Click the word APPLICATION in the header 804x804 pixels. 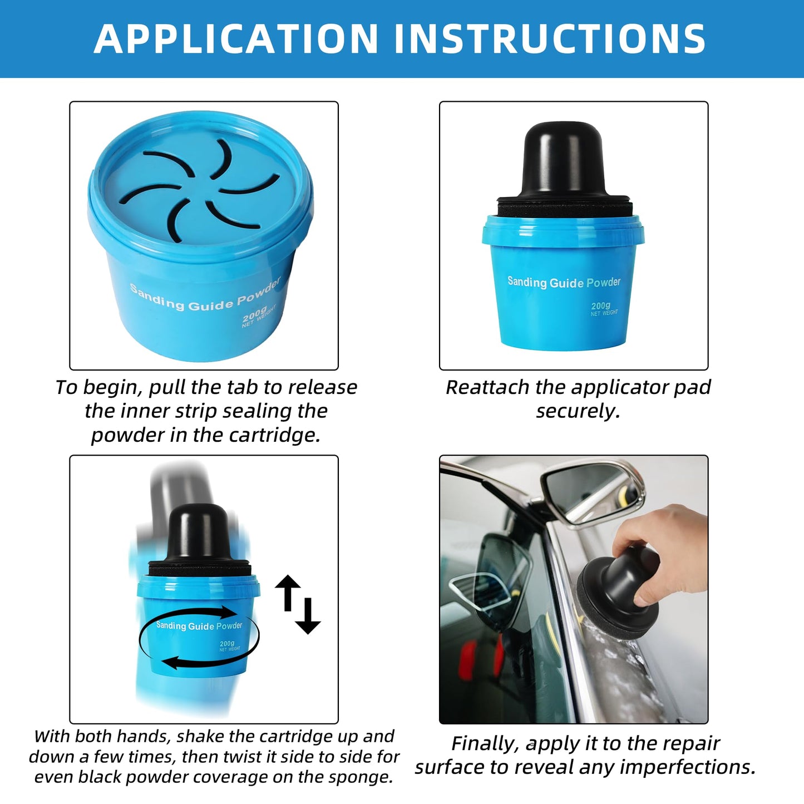pyautogui.click(x=236, y=39)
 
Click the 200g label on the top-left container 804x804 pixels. pyautogui.click(x=254, y=314)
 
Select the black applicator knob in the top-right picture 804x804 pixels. pyautogui.click(x=563, y=161)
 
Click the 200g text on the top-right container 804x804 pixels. pyautogui.click(x=600, y=305)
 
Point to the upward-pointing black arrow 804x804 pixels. pyautogui.click(x=288, y=591)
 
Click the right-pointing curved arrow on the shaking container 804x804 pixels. pyautogui.click(x=223, y=613)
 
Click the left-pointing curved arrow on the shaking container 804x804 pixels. pyautogui.click(x=178, y=662)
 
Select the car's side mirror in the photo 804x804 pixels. pyautogui.click(x=590, y=490)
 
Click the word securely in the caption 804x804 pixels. pyautogui.click(x=577, y=411)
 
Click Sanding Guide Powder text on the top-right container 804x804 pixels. pyautogui.click(x=563, y=282)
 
